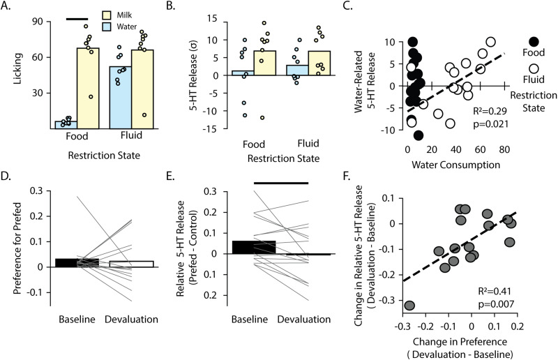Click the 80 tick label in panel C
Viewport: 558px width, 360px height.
[x=504, y=149]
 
